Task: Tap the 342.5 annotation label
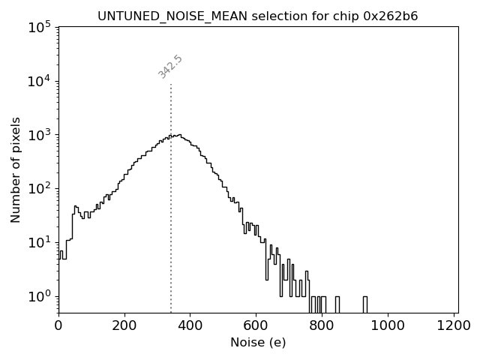[170, 67]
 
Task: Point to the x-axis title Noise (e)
[258, 343]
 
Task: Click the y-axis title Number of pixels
[16, 169]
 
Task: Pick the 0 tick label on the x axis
[58, 325]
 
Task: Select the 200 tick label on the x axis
[124, 325]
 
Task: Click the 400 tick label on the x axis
[190, 325]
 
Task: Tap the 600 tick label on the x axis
[256, 325]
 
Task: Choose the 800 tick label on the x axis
[322, 325]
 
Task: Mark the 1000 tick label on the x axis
[388, 325]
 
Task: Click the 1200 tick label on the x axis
[454, 325]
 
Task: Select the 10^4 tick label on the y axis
[38, 82]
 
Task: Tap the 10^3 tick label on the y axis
[38, 136]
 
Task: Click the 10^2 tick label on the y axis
[38, 189]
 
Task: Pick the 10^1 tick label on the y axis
[38, 243]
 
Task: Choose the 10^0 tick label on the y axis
[38, 296]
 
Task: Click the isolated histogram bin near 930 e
[365, 304]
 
